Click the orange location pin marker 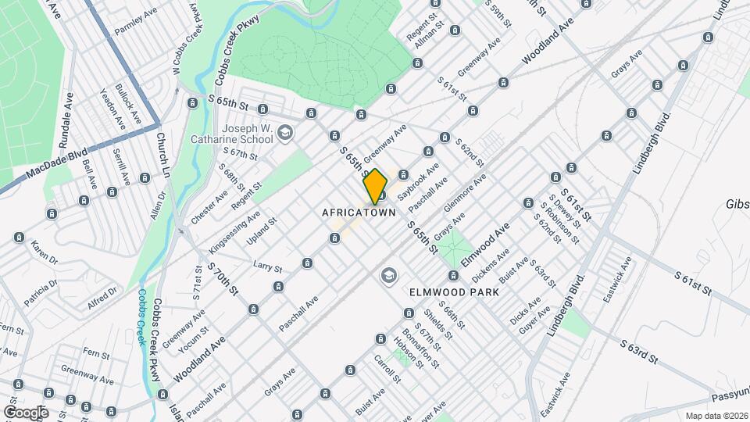click(375, 186)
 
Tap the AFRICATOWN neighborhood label click(359, 213)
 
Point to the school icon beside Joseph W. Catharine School click(284, 133)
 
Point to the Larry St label click(267, 267)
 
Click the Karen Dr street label click(45, 252)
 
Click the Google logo click(26, 412)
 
